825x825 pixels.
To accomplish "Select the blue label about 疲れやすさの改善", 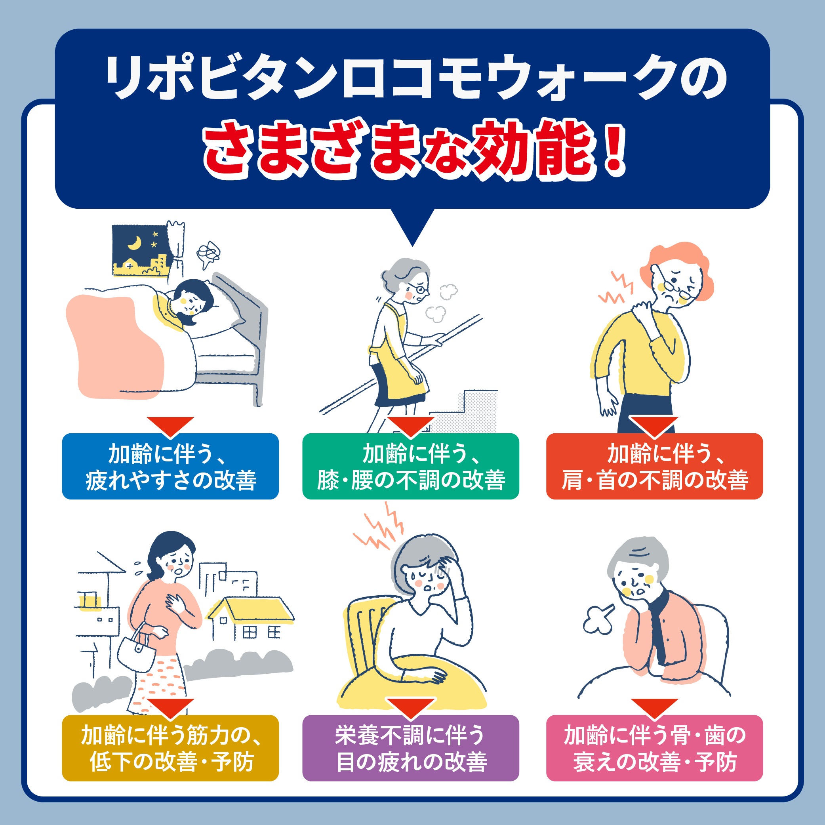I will [x=170, y=466].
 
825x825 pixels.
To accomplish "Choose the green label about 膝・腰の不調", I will [x=411, y=466].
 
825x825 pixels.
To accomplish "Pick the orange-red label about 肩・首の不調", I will [x=655, y=466].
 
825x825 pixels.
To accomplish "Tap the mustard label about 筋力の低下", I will [x=170, y=748].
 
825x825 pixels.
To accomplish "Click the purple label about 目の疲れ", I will [x=411, y=748].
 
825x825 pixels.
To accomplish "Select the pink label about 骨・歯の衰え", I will [x=655, y=748].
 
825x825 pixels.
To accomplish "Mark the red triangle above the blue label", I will [x=170, y=425].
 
